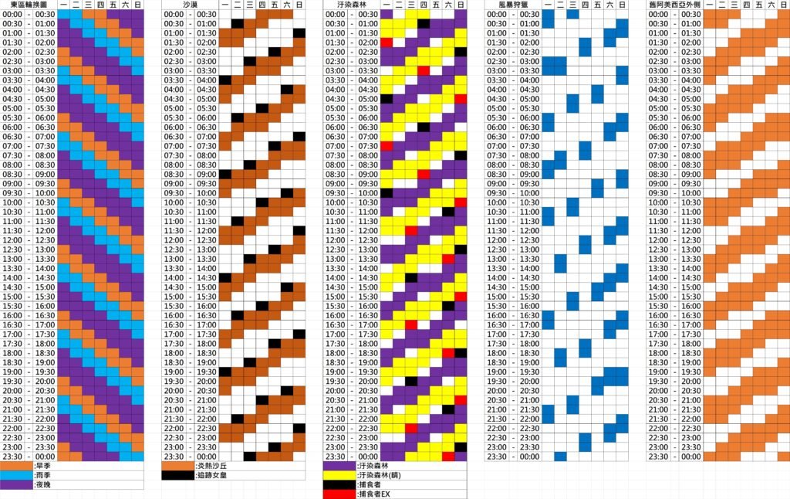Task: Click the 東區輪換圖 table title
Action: pos(29,5)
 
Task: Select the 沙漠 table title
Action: pos(190,5)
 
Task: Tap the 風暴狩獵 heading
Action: pos(512,5)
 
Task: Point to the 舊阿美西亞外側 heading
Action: pos(674,5)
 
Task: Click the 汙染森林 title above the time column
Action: pos(351,5)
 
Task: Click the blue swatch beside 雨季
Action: pos(17,475)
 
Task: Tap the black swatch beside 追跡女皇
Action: pos(178,475)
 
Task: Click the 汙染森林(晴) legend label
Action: pos(379,475)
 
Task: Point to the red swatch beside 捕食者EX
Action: pos(339,494)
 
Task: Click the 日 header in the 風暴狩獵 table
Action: pos(622,5)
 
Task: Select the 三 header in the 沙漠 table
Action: pos(249,5)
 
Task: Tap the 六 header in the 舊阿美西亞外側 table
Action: pos(771,5)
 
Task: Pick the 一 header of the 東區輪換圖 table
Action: pos(63,5)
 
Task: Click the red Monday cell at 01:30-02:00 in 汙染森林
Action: pos(386,42)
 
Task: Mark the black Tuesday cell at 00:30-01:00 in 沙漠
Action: pos(237,24)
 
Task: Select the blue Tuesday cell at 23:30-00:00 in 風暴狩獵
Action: pos(560,457)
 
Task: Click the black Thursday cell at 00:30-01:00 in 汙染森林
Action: pos(424,24)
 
